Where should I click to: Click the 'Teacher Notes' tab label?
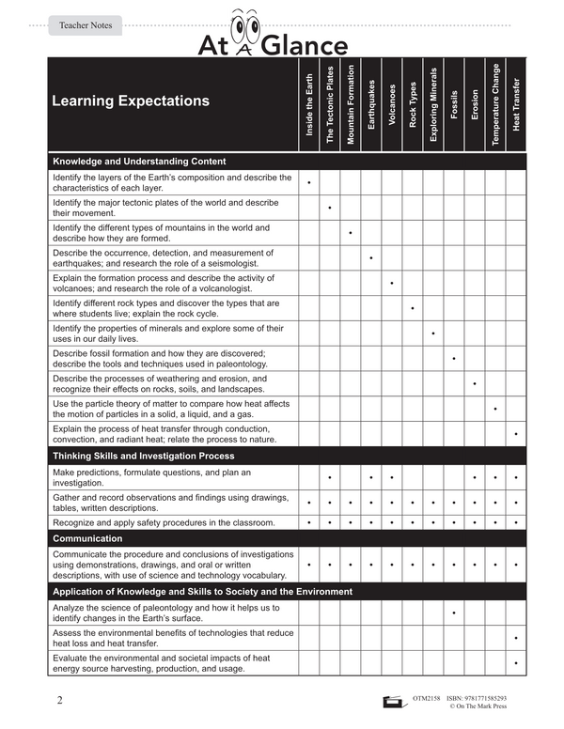(86, 25)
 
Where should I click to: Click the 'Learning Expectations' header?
(131, 101)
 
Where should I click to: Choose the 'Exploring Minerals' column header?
(433, 104)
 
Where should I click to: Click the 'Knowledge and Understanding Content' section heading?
(138, 161)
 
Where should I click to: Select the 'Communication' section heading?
(87, 538)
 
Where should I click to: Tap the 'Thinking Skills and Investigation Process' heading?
(144, 456)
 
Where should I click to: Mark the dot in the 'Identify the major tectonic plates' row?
(330, 207)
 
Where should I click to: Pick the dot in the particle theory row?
(495, 410)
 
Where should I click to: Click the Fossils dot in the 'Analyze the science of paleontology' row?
(454, 613)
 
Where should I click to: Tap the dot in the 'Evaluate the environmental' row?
(516, 663)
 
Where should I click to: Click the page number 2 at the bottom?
(59, 701)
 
